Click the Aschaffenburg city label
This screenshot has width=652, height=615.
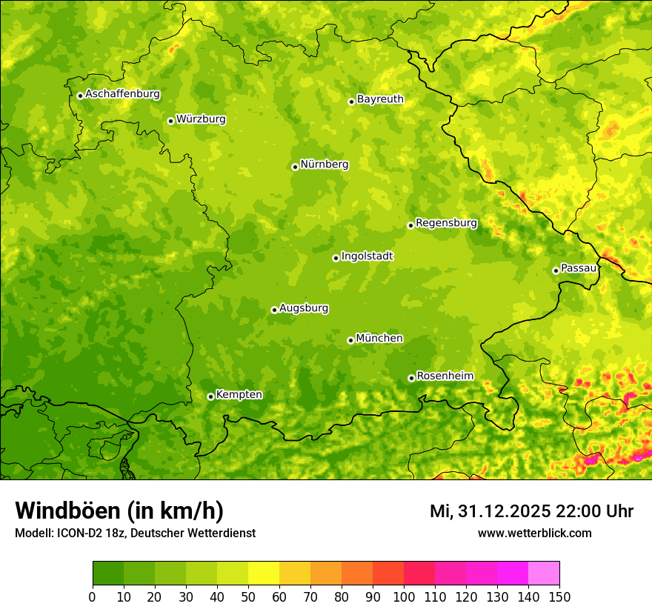tap(122, 94)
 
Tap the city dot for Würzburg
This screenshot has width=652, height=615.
tap(170, 121)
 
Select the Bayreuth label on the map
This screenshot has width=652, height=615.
tap(380, 99)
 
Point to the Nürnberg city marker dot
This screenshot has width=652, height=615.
tap(295, 167)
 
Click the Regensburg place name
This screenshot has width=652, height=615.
tap(446, 222)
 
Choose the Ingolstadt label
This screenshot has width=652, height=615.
tap(367, 256)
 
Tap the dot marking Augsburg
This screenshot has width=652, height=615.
tap(274, 310)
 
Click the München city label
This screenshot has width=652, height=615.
tap(379, 338)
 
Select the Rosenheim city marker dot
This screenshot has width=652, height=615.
tap(411, 378)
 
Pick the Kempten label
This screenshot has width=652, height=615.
tap(239, 394)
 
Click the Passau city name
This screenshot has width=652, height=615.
tap(579, 267)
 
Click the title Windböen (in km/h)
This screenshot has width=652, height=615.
tap(119, 511)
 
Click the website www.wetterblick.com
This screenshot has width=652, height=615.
tap(534, 533)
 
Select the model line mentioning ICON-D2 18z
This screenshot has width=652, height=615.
tap(135, 533)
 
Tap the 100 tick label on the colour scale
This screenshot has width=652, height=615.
tap(403, 596)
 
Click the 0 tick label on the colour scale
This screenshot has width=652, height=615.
tap(93, 596)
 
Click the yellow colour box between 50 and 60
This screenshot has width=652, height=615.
tap(264, 574)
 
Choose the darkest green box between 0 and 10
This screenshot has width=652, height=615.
tap(108, 574)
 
